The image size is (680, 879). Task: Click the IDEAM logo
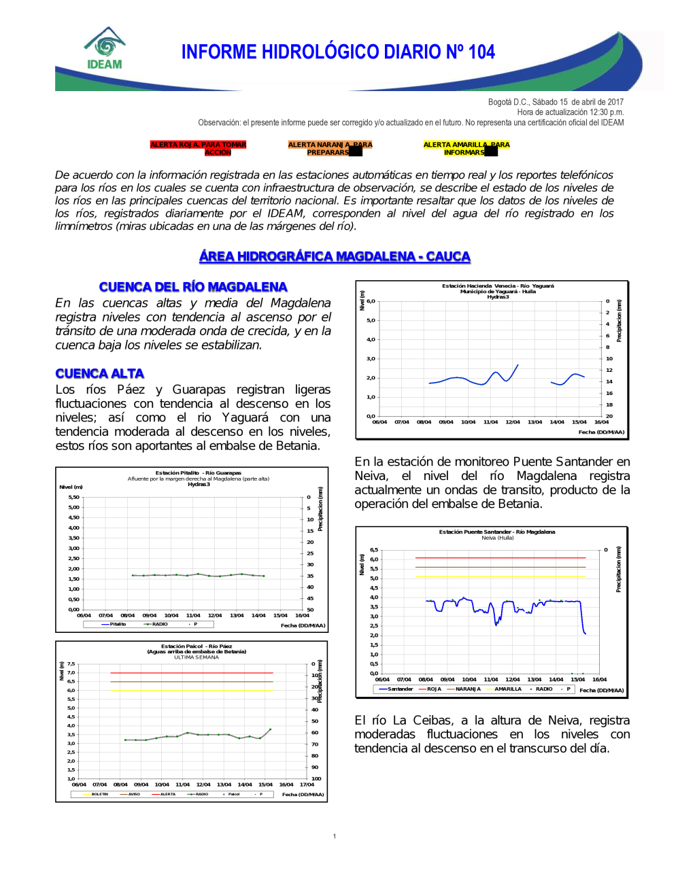105,49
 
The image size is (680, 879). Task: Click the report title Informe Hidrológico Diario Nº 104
338,52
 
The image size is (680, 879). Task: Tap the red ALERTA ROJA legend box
198,148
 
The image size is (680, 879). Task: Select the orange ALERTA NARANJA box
330,148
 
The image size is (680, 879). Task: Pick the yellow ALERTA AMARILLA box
466,148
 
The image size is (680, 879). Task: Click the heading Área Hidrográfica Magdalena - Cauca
335,256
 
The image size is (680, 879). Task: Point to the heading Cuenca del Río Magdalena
193,287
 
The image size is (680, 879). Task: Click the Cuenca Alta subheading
99,373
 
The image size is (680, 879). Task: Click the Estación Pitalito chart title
198,473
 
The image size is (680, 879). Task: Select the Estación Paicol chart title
197,647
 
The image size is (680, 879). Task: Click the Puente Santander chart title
497,532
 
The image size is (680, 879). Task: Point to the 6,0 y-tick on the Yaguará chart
371,301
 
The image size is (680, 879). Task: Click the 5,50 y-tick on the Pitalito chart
73,497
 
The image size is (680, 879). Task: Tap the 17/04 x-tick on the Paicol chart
307,785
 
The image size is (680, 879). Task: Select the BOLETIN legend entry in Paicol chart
99,794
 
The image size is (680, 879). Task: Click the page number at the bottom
335,836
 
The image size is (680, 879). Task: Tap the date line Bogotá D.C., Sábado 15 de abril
555,102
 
